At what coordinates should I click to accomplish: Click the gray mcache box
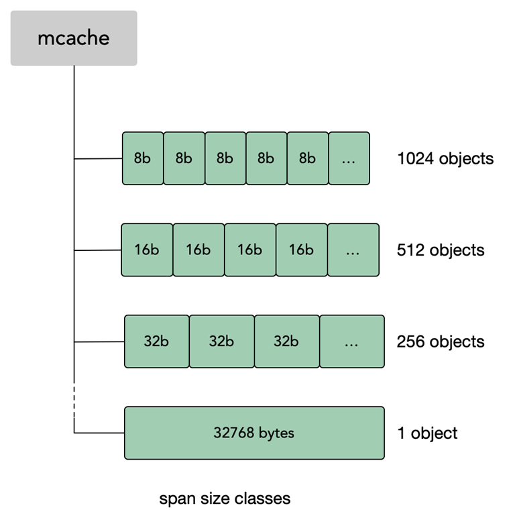tap(74, 38)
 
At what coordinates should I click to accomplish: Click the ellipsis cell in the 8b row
tap(349, 158)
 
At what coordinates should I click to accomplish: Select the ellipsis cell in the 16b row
tap(353, 250)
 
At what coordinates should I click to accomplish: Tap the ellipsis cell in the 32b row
tap(352, 342)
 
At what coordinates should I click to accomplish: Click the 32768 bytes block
tap(255, 433)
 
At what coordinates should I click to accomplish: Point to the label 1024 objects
tap(445, 158)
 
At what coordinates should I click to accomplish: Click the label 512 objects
tap(441, 250)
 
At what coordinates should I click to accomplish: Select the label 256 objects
tap(441, 342)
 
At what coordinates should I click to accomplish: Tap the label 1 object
tap(427, 433)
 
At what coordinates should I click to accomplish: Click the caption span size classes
tap(225, 499)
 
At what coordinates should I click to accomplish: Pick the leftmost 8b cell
tap(143, 158)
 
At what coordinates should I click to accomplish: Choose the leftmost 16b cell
tap(147, 250)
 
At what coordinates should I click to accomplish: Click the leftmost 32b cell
tap(157, 342)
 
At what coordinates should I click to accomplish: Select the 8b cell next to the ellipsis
tap(308, 158)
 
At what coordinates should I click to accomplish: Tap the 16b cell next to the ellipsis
tap(302, 250)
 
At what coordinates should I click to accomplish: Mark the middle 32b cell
tap(222, 342)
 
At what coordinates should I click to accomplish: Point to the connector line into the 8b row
tap(98, 159)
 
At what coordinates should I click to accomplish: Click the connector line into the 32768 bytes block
tap(99, 433)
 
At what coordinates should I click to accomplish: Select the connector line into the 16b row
tap(98, 250)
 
